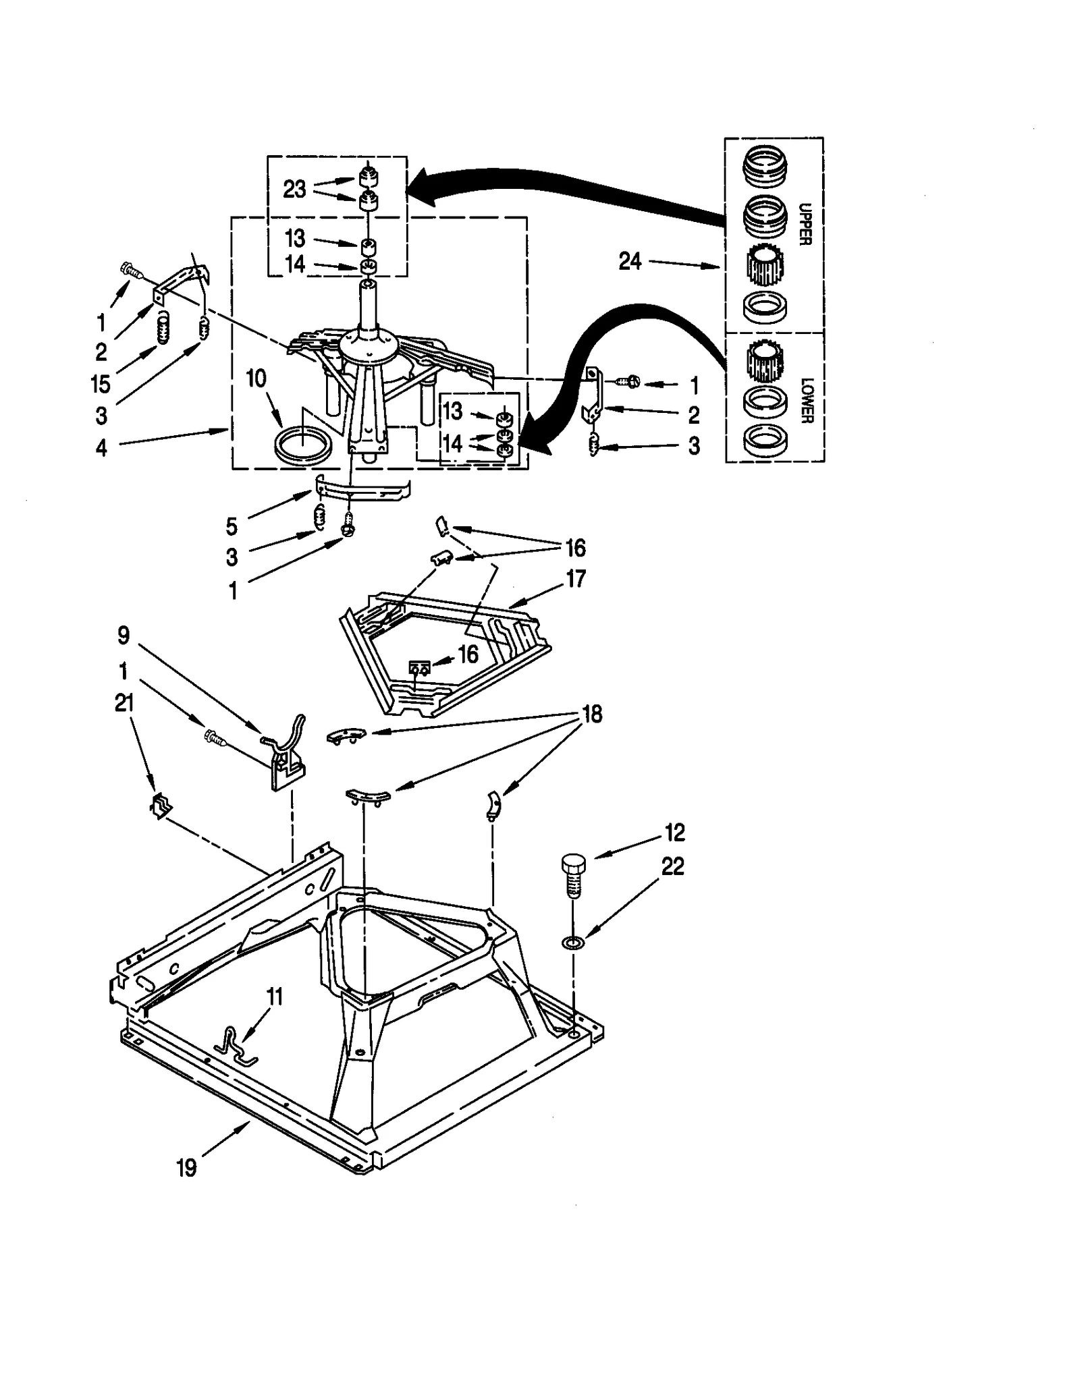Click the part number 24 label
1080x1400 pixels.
tap(629, 261)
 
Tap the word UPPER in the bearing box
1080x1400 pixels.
tap(804, 223)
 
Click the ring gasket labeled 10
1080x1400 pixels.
tap(304, 445)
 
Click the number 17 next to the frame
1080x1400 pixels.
tap(575, 579)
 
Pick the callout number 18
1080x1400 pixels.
tap(592, 714)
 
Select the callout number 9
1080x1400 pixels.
tap(124, 635)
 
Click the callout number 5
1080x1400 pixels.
tap(232, 526)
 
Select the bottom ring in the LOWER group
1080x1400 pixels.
tap(765, 439)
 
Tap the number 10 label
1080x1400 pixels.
tap(256, 379)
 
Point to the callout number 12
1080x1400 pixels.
tap(674, 833)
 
